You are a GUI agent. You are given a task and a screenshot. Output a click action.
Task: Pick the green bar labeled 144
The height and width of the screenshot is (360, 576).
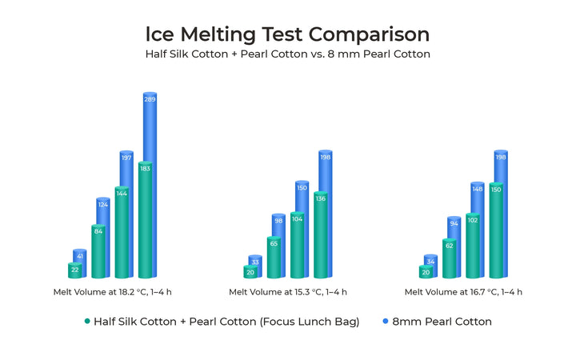122,232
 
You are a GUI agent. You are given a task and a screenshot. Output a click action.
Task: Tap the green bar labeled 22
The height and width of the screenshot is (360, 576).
74,270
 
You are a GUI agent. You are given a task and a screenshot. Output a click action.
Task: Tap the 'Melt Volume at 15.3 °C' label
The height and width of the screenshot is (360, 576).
288,292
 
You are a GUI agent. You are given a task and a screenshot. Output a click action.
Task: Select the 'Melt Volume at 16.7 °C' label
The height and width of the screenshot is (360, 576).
463,292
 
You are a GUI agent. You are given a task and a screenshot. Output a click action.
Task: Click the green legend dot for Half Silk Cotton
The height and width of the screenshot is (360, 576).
86,322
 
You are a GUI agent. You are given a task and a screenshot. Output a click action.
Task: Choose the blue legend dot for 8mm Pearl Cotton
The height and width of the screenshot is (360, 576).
385,322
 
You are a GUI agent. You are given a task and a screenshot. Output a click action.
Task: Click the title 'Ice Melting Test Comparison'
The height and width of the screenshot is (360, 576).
287,34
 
